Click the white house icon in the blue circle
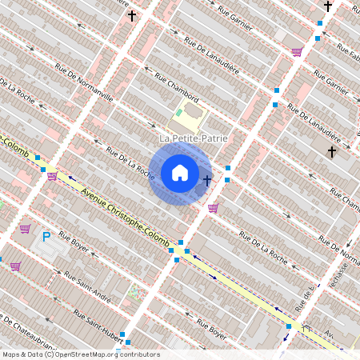coord(180,173)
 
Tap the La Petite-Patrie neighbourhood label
coord(194,138)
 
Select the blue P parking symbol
coord(46,237)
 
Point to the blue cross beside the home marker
coord(207,179)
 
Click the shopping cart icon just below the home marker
coord(212,208)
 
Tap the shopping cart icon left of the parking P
coord(25,229)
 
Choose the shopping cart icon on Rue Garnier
coord(297,52)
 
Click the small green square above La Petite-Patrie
coord(178,113)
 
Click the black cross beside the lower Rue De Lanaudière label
coord(331,150)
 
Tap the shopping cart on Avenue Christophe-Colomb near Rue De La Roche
coord(52,176)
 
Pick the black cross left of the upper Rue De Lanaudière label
coord(131,15)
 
